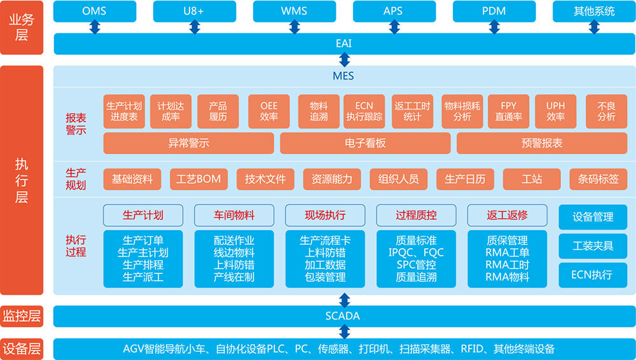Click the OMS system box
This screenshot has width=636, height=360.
[x=94, y=11]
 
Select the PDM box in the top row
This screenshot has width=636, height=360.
[x=494, y=11]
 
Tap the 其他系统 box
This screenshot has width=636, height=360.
[x=593, y=11]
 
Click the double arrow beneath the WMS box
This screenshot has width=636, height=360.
[x=294, y=27]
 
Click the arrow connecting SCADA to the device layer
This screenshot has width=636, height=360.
[x=344, y=331]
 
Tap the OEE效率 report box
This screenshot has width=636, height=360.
[x=269, y=111]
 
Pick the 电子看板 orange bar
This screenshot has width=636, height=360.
[x=365, y=143]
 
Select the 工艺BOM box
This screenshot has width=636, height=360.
[x=199, y=179]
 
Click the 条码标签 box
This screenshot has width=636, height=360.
[x=594, y=179]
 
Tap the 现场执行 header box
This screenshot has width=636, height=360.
[x=325, y=215]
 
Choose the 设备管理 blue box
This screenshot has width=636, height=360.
[x=593, y=217]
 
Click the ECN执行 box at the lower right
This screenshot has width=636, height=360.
[x=593, y=275]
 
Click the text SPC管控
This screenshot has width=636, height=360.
[x=416, y=265]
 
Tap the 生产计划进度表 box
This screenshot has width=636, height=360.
[x=124, y=111]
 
